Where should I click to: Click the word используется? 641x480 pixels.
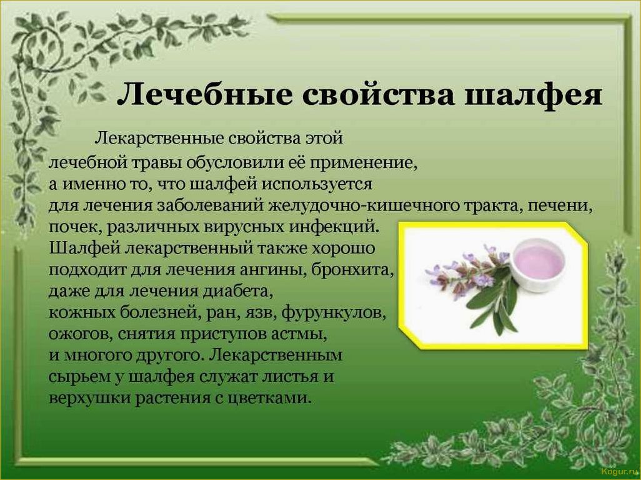[x=317, y=185]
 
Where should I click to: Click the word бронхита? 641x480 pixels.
[x=353, y=270]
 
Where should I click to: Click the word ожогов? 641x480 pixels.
[x=81, y=334]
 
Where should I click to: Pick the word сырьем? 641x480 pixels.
[x=79, y=377]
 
